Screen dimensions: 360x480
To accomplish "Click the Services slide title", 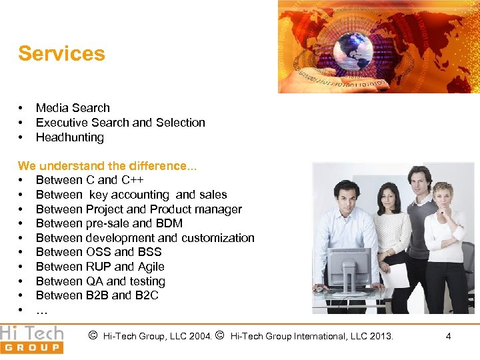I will (61, 53).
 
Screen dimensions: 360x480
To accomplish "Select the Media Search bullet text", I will (73, 108).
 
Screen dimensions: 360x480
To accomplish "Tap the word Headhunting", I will (70, 137).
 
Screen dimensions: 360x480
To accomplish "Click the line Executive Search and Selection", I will (120, 123).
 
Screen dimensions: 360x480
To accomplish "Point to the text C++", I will (133, 180).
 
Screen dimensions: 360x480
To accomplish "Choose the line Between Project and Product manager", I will (139, 209).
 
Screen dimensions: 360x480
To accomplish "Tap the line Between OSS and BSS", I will (99, 252).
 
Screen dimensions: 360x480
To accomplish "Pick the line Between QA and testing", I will (100, 281).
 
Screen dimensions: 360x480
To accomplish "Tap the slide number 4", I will (448, 337).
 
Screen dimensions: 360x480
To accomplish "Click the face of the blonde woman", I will (441, 197).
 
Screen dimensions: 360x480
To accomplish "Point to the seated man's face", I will (345, 197).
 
